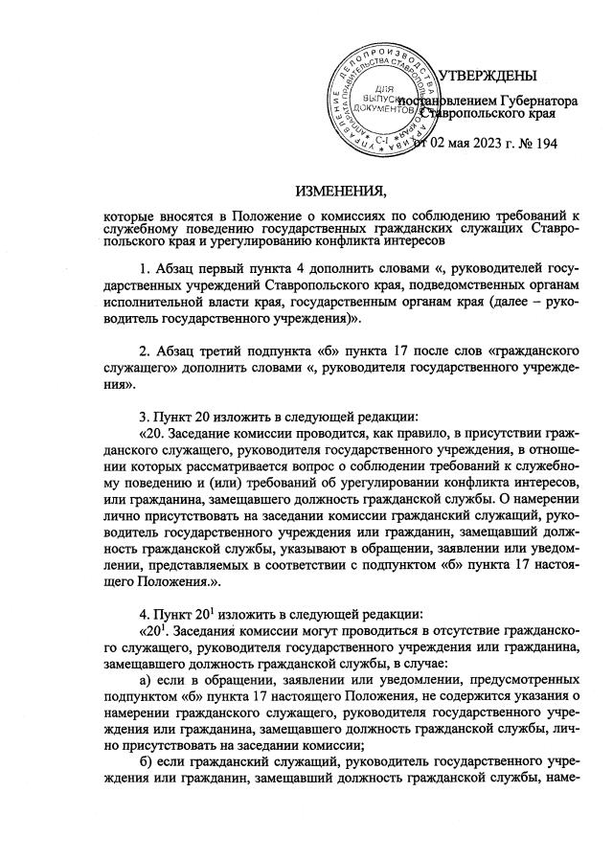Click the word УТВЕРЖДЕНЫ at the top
pos(488,77)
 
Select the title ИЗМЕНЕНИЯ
pos(333,189)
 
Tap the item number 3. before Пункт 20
pos(146,417)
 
